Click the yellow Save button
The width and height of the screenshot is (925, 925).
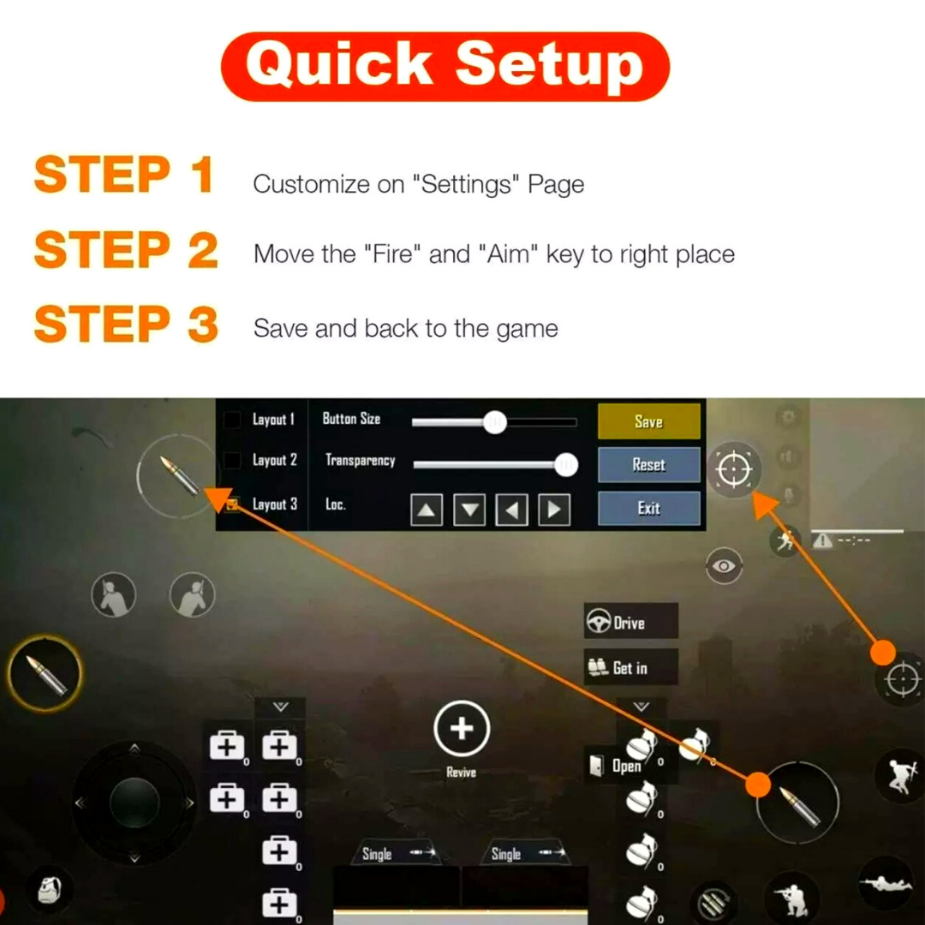click(x=649, y=421)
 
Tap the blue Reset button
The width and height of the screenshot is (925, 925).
click(x=649, y=465)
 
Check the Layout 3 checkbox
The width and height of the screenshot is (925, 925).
click(x=232, y=504)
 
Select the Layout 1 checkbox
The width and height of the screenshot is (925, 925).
click(x=232, y=420)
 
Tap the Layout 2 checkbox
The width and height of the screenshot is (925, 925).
click(x=232, y=460)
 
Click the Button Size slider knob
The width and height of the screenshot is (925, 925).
click(x=495, y=422)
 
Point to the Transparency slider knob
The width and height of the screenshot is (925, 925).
click(x=566, y=465)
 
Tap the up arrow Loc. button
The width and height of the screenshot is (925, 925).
click(x=427, y=509)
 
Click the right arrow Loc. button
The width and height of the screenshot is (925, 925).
click(x=554, y=509)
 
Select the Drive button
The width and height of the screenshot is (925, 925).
click(x=630, y=621)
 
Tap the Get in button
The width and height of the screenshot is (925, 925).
click(x=630, y=667)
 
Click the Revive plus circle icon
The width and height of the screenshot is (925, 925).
click(x=462, y=729)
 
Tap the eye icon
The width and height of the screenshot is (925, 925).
click(x=724, y=566)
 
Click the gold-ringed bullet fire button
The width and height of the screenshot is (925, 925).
click(x=45, y=673)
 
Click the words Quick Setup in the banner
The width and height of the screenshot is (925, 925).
click(x=445, y=65)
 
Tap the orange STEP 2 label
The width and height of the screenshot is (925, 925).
click(x=126, y=250)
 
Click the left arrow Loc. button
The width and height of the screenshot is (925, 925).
click(x=512, y=509)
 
